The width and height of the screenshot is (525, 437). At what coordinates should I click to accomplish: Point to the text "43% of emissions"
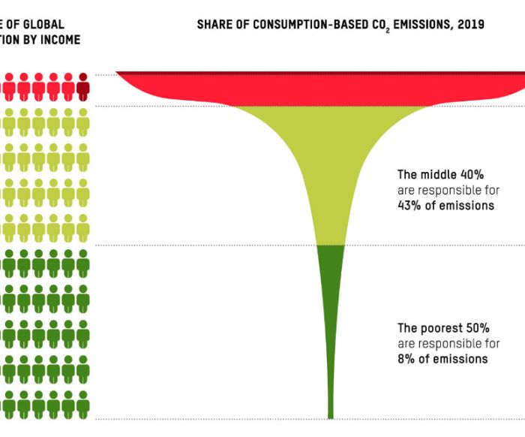tap(445, 206)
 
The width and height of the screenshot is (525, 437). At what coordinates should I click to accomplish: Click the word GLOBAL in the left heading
tap(46, 25)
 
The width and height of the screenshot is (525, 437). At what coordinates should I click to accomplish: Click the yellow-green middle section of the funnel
tap(330, 173)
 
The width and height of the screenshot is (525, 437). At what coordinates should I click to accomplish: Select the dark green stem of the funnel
tap(330, 315)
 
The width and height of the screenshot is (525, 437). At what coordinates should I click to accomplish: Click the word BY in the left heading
tap(32, 40)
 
